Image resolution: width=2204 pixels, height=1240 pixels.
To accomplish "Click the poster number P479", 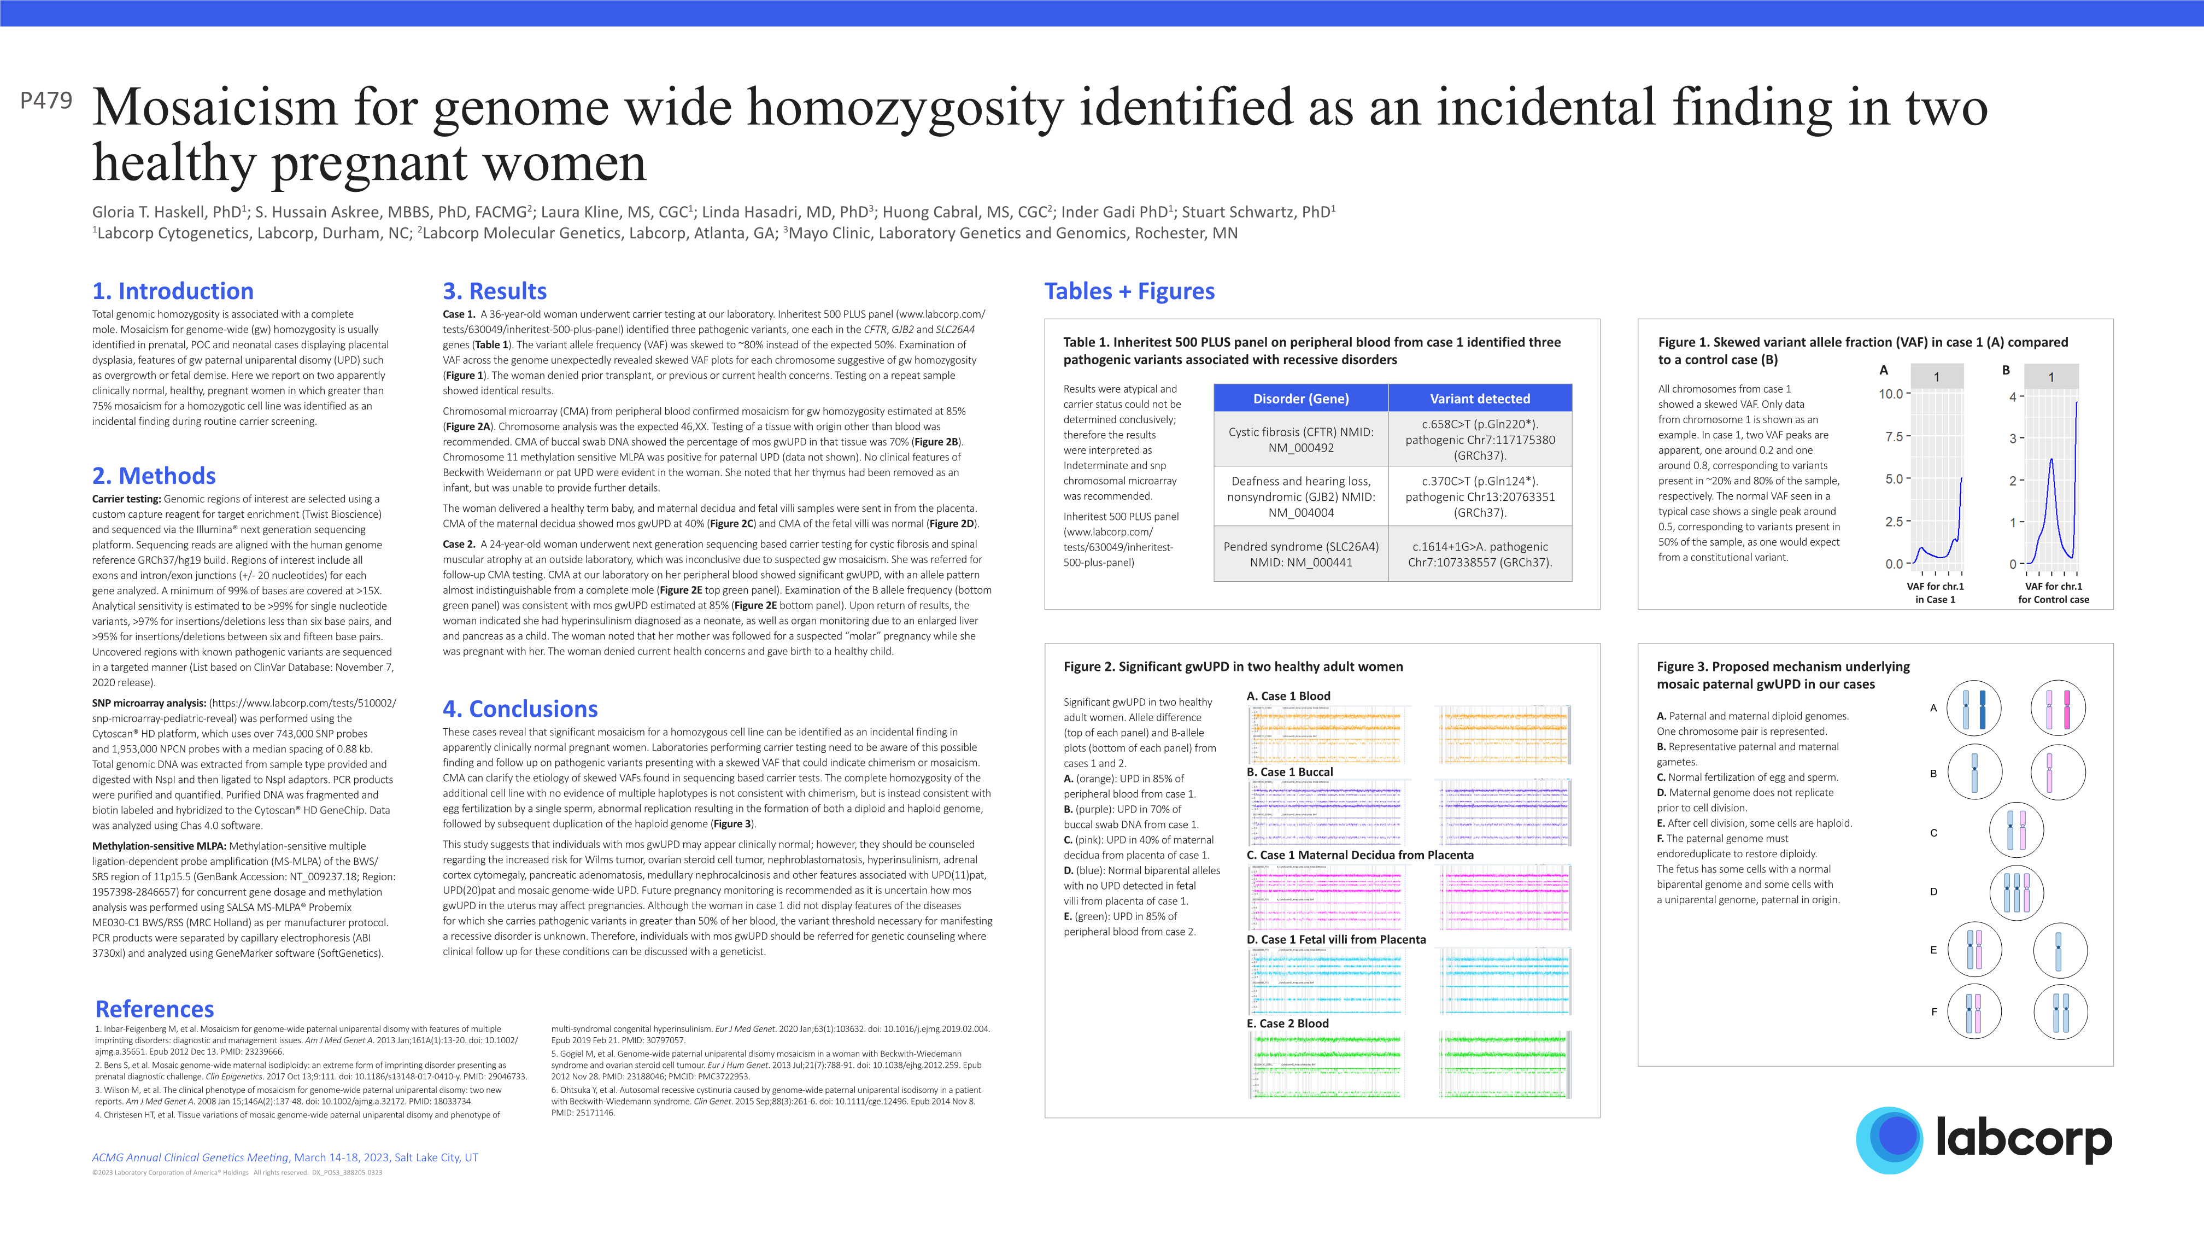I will [x=46, y=101].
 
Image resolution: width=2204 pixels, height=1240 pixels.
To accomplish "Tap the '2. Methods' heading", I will [x=154, y=476].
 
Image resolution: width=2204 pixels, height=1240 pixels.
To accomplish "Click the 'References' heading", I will [x=155, y=1009].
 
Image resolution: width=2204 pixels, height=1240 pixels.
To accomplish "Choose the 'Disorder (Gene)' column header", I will [x=1300, y=399].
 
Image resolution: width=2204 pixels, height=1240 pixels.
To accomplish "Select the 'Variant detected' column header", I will [x=1479, y=399].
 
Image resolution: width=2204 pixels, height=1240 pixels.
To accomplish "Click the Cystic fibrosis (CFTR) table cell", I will [x=1300, y=440].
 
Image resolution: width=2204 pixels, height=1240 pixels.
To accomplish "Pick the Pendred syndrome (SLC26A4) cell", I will [x=1300, y=554].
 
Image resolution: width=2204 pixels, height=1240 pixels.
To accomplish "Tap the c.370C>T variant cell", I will [x=1479, y=496].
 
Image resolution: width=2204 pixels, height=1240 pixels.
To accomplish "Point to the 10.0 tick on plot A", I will [x=1890, y=395].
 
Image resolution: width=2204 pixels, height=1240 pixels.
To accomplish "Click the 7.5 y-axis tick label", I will [x=1894, y=436].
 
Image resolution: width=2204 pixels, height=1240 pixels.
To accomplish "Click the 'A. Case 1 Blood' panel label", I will [x=1288, y=697].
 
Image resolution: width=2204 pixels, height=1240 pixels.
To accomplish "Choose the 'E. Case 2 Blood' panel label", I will [x=1288, y=1023].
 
